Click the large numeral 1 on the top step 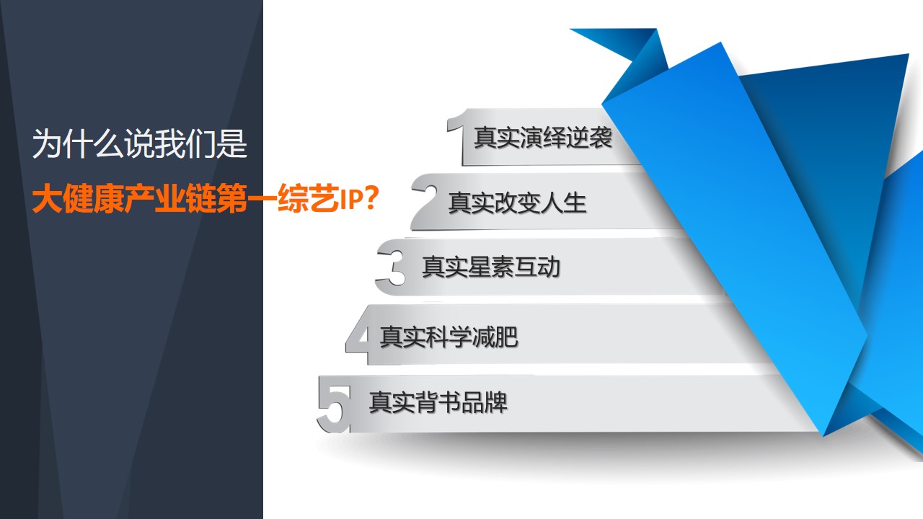point(457,136)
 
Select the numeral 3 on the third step point(392,267)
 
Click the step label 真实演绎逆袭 point(543,137)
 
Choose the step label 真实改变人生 point(517,203)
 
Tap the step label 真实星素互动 point(491,267)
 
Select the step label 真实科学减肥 point(449,337)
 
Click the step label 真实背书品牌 point(438,402)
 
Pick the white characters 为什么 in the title point(78,143)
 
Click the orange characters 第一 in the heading point(247,199)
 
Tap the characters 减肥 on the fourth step point(495,337)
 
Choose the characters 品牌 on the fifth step point(484,402)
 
